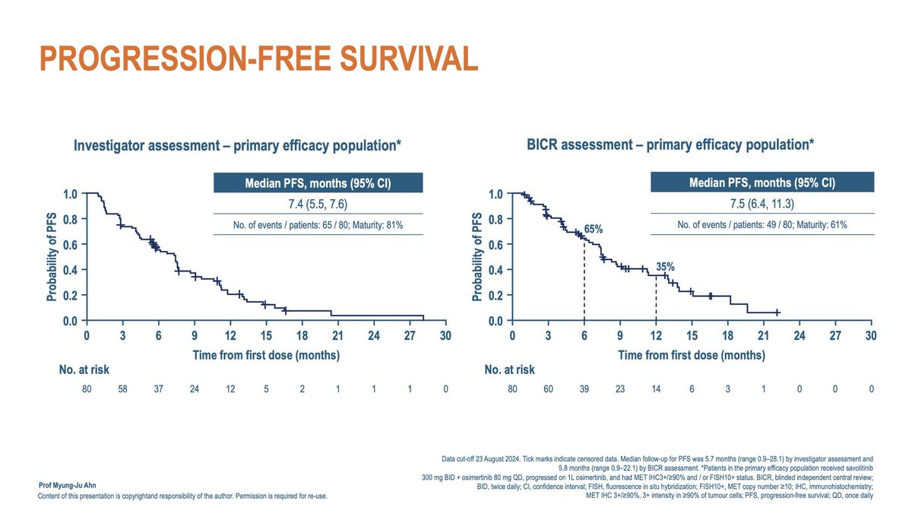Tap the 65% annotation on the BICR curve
pos(594,228)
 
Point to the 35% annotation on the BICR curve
pos(665,267)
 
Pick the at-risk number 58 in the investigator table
pos(123,389)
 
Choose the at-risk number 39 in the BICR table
pos(584,389)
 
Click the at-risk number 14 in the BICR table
pos(656,389)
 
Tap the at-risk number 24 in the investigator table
pos(195,389)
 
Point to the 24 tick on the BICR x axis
pos(800,335)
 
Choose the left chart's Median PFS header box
pos(318,183)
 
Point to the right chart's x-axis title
pos(691,355)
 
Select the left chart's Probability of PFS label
pos(51,258)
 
